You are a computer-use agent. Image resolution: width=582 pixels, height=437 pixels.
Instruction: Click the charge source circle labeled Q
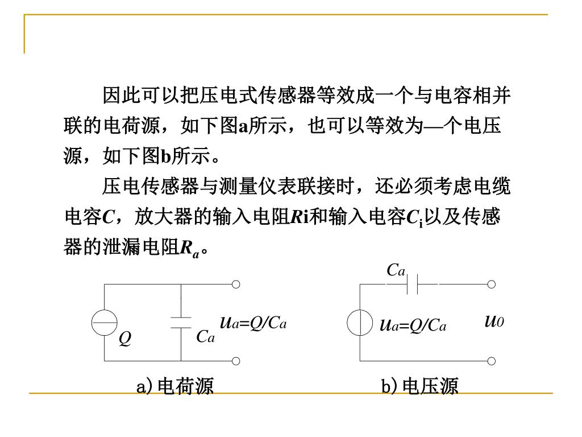(105, 323)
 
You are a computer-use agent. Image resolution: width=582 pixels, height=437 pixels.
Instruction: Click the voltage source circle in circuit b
(360, 323)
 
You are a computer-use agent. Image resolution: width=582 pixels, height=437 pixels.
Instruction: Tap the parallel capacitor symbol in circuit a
(181, 323)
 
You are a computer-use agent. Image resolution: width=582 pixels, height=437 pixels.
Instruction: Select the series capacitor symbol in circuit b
(413, 284)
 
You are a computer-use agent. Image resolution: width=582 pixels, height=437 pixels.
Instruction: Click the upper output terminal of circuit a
(236, 284)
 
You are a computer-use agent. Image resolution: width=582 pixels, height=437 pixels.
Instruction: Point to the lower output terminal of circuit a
(236, 361)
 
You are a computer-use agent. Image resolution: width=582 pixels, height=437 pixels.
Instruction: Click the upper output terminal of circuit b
(492, 284)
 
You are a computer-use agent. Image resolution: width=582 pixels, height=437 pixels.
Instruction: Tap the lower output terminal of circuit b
(492, 361)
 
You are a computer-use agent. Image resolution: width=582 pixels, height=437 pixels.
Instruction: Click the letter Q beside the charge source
(125, 339)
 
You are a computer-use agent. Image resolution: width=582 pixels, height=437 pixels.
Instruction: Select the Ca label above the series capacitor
(396, 270)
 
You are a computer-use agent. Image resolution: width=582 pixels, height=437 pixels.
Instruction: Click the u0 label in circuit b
(494, 321)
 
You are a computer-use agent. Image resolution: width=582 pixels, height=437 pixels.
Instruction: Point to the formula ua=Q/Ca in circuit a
(253, 323)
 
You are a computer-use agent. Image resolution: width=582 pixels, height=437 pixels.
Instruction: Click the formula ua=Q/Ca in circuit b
(413, 325)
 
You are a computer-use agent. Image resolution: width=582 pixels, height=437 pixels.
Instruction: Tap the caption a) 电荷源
(175, 387)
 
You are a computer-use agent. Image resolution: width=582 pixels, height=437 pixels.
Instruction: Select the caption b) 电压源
(420, 387)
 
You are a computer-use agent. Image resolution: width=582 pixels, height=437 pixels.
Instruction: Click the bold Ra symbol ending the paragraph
(189, 248)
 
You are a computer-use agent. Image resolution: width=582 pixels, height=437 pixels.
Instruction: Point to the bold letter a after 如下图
(243, 126)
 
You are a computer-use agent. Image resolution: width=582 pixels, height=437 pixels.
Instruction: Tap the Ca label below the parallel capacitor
(206, 337)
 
